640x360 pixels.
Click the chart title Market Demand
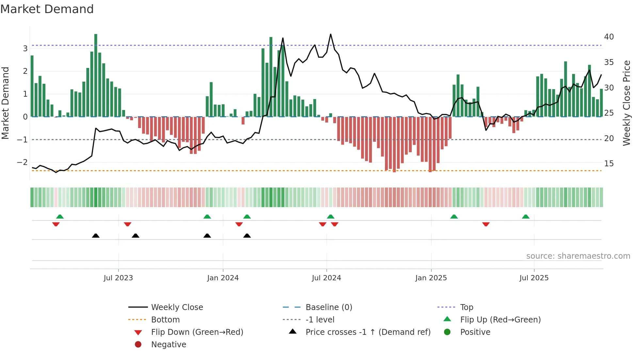[x=47, y=9]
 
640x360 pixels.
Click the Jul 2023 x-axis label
[x=118, y=278]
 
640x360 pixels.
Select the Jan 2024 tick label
[x=223, y=278]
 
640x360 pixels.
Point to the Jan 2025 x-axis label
[x=431, y=278]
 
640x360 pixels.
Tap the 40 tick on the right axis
[x=609, y=37]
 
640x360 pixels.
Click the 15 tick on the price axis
[x=609, y=164]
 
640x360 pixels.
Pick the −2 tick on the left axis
[x=22, y=162]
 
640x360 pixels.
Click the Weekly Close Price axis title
[x=626, y=103]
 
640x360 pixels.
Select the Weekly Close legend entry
[x=177, y=307]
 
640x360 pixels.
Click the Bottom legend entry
[x=165, y=320]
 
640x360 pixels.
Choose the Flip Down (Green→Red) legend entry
[x=197, y=332]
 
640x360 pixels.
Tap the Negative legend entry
[x=168, y=345]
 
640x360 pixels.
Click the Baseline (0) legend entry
[x=328, y=307]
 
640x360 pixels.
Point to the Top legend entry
[x=466, y=307]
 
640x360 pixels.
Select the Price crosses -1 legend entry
[x=368, y=332]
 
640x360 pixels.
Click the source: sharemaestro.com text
[x=578, y=256]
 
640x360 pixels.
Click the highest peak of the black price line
[x=330, y=34]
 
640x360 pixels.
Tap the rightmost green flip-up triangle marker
[x=525, y=217]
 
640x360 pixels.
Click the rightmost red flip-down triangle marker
[x=486, y=224]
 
